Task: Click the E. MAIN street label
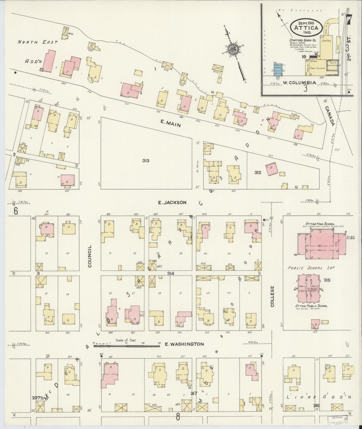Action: (x=171, y=123)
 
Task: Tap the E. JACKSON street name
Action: (x=172, y=202)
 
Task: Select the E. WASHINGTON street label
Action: (x=184, y=344)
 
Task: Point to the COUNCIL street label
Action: (x=90, y=256)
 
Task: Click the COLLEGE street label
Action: (x=272, y=296)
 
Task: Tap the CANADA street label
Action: (x=330, y=116)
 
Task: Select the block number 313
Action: (x=146, y=160)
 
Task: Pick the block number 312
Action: (x=258, y=172)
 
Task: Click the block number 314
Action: (x=170, y=273)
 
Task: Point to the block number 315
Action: (x=327, y=280)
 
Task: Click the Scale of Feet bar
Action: (x=127, y=346)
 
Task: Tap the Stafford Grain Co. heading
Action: (x=303, y=40)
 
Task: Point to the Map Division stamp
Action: (x=337, y=420)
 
